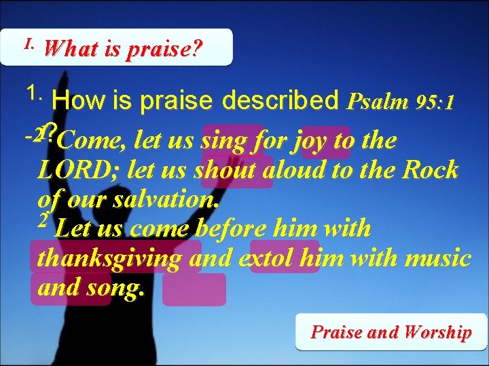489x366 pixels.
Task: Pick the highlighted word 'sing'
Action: click(225, 141)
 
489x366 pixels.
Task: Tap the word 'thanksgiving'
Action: click(109, 258)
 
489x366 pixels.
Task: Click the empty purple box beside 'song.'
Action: click(194, 289)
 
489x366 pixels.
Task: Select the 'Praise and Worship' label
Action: click(391, 332)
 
